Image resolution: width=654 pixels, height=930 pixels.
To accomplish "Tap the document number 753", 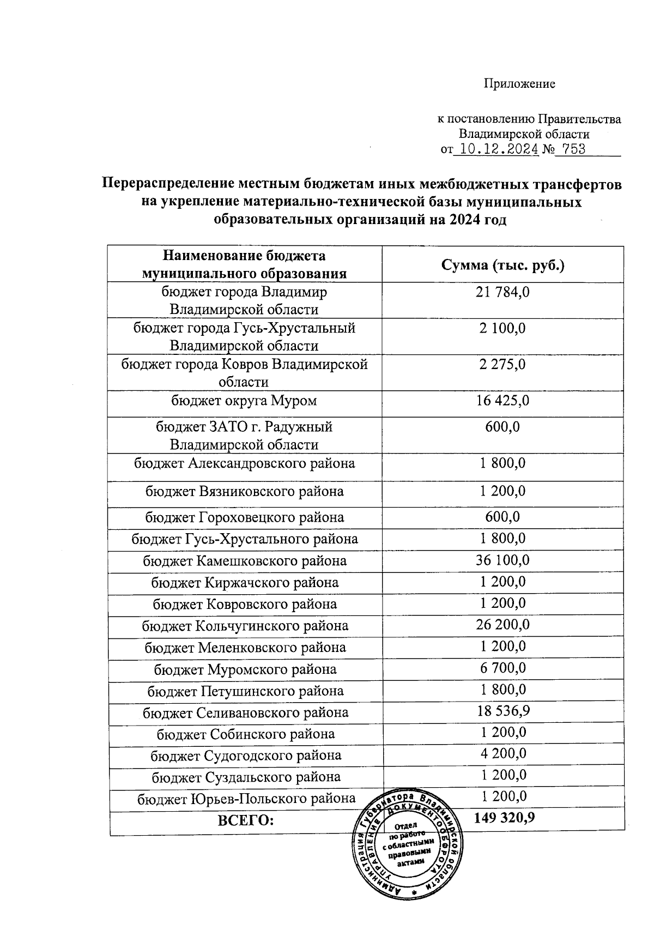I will point(573,149).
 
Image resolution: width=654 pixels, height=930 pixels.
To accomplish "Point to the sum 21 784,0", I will point(502,292).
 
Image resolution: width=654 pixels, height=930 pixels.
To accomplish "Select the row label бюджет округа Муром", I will point(244,401).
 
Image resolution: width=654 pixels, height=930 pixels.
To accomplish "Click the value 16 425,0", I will point(502,401).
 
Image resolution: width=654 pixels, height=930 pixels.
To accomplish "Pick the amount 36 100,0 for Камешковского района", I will point(502,560).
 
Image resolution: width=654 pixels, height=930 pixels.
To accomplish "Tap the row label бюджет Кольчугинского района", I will point(245,626).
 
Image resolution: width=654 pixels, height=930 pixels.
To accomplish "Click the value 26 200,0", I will point(502,625).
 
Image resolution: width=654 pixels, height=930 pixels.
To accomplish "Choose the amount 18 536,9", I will point(502,711).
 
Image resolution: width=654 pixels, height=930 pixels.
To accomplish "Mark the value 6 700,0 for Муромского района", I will point(502,668).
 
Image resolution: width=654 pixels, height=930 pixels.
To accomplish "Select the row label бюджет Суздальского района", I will point(246,777).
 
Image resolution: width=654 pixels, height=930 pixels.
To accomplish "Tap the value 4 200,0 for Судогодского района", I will point(502,754).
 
